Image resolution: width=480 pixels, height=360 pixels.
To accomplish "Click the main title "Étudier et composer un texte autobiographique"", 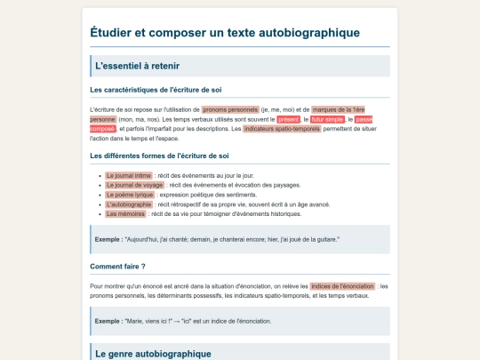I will pyautogui.click(x=224, y=33).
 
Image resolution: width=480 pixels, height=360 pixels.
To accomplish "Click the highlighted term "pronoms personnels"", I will pyautogui.click(x=230, y=109).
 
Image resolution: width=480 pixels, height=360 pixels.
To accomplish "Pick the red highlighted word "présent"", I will pyautogui.click(x=288, y=118).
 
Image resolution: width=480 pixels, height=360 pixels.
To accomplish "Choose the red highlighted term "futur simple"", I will pyautogui.click(x=327, y=118).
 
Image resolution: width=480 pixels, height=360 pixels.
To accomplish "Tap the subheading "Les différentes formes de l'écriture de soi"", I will pyautogui.click(x=160, y=156).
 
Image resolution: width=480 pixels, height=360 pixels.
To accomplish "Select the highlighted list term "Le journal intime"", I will pyautogui.click(x=129, y=175).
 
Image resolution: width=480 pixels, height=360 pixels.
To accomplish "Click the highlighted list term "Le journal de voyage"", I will pyautogui.click(x=135, y=185).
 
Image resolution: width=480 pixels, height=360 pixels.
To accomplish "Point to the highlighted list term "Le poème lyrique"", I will pyautogui.click(x=130, y=195).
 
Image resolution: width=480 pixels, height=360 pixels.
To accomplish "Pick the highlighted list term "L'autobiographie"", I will pyautogui.click(x=129, y=204).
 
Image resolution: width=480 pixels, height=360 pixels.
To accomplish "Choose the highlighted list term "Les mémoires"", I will pyautogui.click(x=125, y=214).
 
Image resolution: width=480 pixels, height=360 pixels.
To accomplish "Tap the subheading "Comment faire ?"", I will pyautogui.click(x=117, y=266).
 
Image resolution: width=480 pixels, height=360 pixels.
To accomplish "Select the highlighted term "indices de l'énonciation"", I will pyautogui.click(x=343, y=286).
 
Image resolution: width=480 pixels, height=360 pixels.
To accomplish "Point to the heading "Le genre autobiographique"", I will pyautogui.click(x=153, y=354).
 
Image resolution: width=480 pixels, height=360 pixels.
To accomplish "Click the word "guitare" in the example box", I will pyautogui.click(x=325, y=240).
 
